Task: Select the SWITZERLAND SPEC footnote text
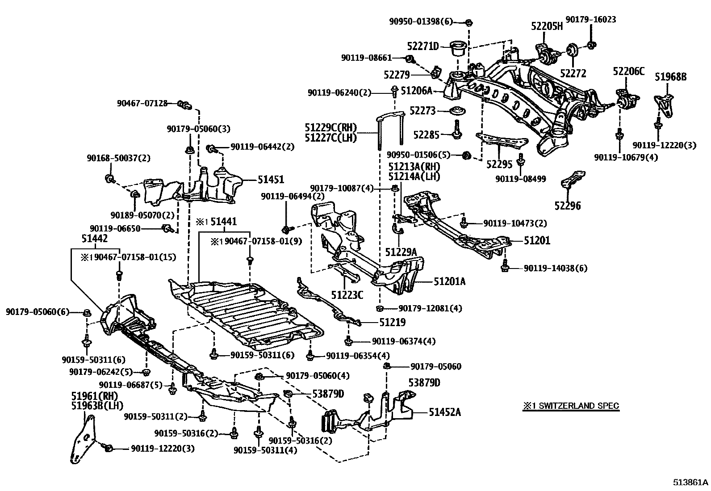click(x=571, y=406)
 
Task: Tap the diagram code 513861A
click(x=691, y=483)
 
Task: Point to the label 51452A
click(x=444, y=412)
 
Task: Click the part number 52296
click(x=568, y=206)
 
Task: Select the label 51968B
click(x=670, y=77)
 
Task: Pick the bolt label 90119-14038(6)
click(x=556, y=268)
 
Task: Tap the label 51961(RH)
click(x=93, y=396)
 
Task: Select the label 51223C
click(x=347, y=294)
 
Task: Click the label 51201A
click(x=450, y=281)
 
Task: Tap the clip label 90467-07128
click(x=142, y=103)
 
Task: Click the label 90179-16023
click(x=590, y=20)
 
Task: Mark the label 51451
click(x=271, y=179)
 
